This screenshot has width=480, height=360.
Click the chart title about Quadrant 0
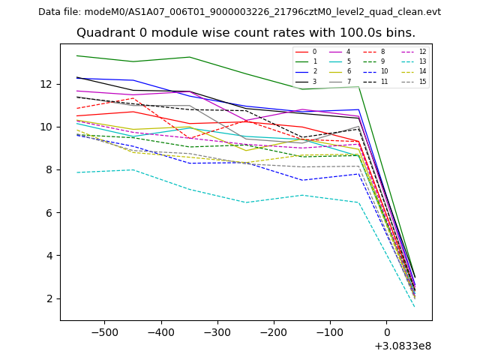(245, 33)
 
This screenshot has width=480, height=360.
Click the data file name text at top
(239, 12)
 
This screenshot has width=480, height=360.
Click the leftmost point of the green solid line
(76, 55)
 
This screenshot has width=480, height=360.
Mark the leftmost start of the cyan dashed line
(76, 172)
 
